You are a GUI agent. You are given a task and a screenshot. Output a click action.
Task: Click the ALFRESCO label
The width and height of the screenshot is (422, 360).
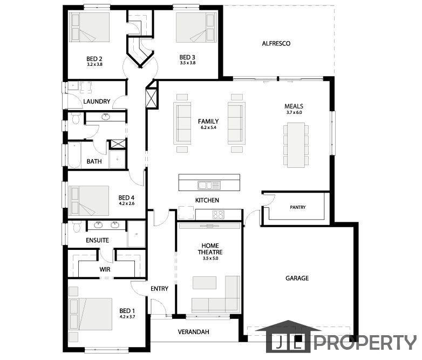point(276,43)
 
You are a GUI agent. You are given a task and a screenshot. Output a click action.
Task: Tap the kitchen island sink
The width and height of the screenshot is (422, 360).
point(209,185)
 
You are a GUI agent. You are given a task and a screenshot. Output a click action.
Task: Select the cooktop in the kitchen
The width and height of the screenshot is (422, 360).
point(218,215)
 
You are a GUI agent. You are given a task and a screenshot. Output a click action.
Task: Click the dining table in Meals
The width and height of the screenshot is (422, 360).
point(296,145)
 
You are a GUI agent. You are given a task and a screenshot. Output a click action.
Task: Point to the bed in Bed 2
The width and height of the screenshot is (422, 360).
point(90,27)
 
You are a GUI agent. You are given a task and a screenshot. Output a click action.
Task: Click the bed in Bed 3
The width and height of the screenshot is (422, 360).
point(196,27)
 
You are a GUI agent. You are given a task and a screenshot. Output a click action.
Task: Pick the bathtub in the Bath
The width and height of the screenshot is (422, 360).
point(74,155)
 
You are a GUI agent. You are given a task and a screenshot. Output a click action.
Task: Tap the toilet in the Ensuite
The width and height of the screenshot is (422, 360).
point(77,227)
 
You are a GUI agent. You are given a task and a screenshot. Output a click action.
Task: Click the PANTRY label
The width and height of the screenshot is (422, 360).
point(298,207)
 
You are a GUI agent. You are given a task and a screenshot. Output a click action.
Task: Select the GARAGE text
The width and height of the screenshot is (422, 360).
point(297,278)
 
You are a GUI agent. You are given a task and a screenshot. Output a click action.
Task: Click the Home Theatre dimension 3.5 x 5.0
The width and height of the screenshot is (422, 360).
point(210,258)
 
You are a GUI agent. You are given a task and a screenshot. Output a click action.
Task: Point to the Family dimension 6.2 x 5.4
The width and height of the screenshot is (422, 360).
point(208,127)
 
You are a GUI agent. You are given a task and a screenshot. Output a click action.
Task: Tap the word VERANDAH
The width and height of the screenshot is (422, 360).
point(194,332)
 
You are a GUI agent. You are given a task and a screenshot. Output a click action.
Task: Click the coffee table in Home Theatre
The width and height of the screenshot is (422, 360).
point(205,283)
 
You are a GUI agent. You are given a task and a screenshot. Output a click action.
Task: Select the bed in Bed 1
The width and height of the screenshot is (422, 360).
point(91,314)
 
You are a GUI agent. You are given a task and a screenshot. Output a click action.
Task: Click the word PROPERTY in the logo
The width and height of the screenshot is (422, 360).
point(365,343)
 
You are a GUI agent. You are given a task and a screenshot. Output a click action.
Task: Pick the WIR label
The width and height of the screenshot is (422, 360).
point(105,269)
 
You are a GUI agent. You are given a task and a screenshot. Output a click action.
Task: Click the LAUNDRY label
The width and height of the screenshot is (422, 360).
point(97,101)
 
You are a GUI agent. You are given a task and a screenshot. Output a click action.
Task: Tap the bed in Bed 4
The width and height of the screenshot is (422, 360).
point(89,201)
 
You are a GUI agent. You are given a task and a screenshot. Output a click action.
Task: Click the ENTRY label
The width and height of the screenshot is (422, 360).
point(159,289)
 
